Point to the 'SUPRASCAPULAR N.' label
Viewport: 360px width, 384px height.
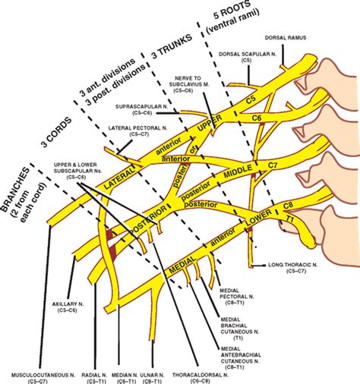pos(148,109)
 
